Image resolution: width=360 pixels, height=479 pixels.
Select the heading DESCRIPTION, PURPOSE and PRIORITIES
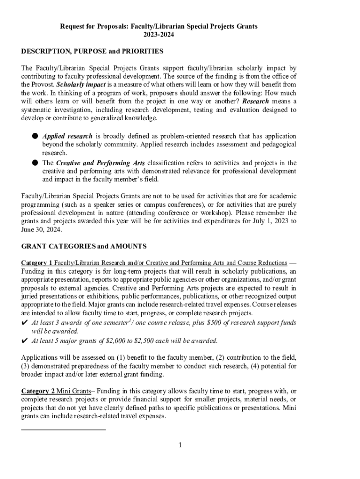[92, 51]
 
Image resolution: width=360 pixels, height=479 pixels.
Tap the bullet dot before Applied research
[35, 136]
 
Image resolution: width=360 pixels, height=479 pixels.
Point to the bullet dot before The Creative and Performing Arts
[35, 163]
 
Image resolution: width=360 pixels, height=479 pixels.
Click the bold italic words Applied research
[61, 136]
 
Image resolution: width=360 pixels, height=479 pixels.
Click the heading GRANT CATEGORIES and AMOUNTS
[84, 246]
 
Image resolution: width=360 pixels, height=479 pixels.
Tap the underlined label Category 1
[37, 262]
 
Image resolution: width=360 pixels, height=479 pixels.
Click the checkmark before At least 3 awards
[25, 323]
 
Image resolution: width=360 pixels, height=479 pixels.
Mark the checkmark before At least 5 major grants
[25, 340]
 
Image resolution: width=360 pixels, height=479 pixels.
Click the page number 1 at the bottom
[180, 445]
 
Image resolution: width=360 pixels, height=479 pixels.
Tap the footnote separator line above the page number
[64, 429]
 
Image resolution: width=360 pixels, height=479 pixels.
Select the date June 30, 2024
[41, 230]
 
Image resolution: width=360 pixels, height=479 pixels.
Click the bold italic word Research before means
[255, 102]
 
